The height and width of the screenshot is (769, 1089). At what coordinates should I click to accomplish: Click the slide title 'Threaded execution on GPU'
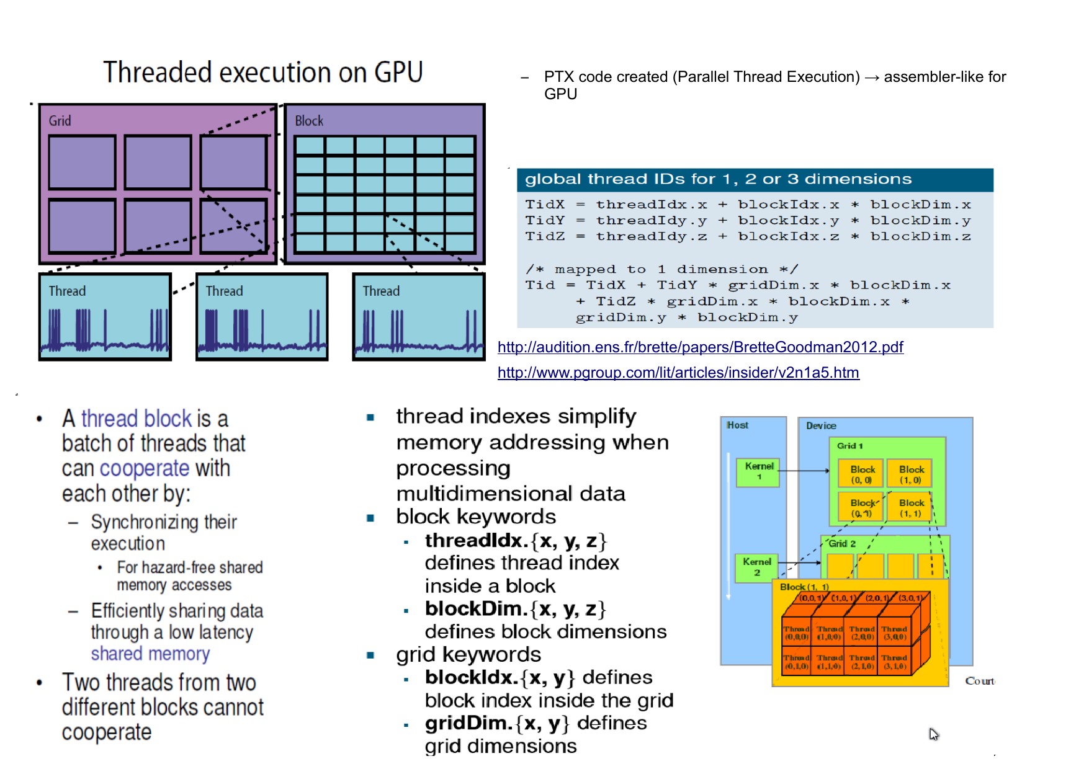coord(262,72)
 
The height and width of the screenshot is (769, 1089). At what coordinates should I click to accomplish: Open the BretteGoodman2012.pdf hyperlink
coord(700,347)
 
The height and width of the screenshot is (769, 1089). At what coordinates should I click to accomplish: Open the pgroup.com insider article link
coord(678,373)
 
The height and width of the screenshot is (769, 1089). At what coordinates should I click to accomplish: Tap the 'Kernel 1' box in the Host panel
coord(758,472)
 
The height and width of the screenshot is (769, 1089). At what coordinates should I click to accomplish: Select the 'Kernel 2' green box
coord(757,567)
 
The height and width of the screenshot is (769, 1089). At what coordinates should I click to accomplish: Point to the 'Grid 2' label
coord(842,544)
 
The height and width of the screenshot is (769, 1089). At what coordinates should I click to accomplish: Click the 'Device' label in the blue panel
coord(821,425)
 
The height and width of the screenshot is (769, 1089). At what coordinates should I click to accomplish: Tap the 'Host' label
coord(737,425)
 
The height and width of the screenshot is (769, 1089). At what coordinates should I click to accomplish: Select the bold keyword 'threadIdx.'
coord(477,541)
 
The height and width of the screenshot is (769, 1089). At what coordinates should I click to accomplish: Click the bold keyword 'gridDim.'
coord(470,723)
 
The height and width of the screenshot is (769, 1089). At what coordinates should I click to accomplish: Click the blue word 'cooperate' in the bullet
coord(144,468)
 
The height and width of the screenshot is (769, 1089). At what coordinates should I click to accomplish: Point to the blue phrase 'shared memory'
coord(150,654)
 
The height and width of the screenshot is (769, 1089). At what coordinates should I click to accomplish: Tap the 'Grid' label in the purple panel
coord(60,121)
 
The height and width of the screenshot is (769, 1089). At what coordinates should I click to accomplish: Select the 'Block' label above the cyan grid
coord(309,121)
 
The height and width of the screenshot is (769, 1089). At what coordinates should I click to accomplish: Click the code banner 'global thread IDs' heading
coord(718,179)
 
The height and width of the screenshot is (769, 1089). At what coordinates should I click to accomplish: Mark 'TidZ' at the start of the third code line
coord(545,236)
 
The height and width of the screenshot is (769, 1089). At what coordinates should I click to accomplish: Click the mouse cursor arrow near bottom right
coord(933,734)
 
